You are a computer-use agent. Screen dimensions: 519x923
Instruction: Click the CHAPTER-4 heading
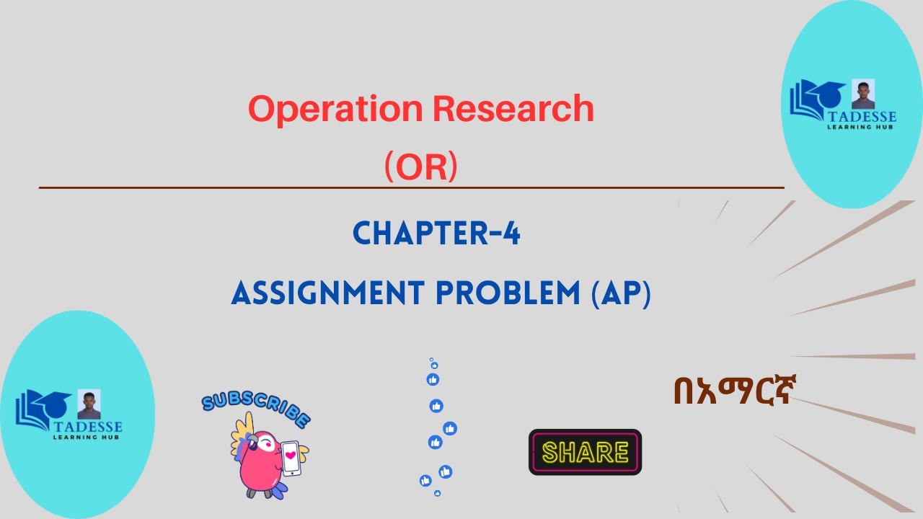click(436, 234)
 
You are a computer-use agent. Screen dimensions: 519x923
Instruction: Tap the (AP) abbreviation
click(620, 294)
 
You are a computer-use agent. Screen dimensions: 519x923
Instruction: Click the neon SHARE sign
click(585, 452)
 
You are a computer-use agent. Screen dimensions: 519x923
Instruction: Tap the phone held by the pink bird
click(291, 458)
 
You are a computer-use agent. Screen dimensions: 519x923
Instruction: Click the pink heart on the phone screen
click(291, 455)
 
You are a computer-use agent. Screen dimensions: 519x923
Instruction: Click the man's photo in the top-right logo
click(862, 94)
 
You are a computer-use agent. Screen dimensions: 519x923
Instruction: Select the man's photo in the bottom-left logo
click(89, 404)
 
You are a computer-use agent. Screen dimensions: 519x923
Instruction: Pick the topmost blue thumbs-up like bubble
click(433, 379)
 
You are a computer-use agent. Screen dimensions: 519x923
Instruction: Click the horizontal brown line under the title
click(411, 187)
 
